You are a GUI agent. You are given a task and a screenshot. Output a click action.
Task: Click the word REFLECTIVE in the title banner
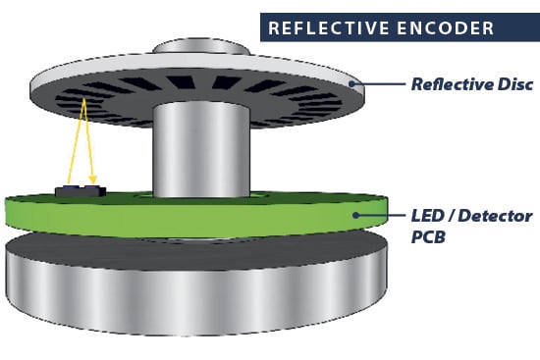pos(323,27)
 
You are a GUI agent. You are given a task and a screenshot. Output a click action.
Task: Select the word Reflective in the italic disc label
pos(448,84)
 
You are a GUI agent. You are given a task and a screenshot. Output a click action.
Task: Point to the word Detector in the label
pos(497,215)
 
